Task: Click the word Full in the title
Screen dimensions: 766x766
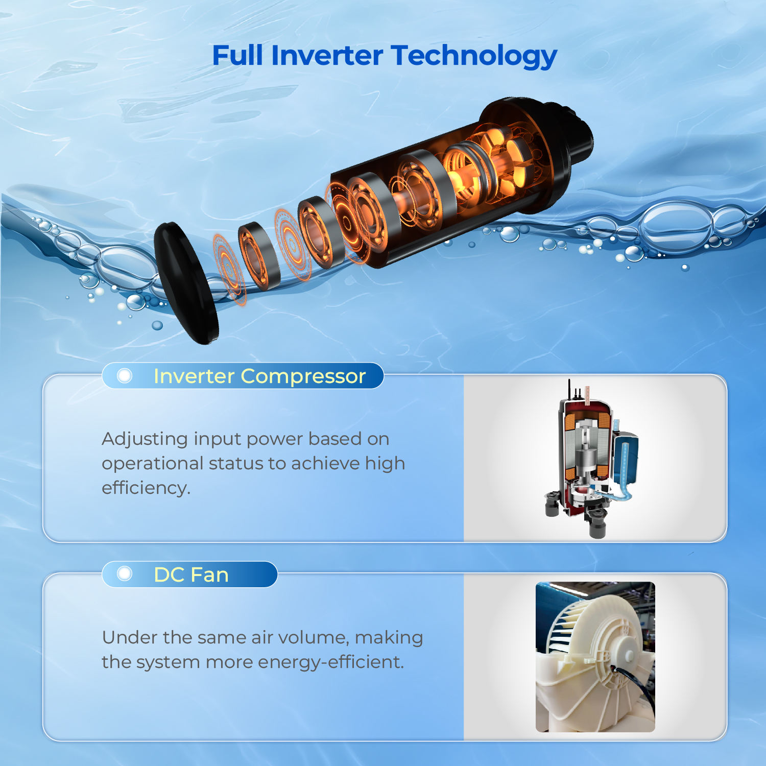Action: click(x=237, y=55)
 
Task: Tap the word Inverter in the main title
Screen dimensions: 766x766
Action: click(x=327, y=55)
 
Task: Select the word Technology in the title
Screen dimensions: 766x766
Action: click(x=474, y=57)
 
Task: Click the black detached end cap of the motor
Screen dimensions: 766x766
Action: click(x=186, y=283)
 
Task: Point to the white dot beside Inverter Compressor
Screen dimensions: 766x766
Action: click(x=124, y=376)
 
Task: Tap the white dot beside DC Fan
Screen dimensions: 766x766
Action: click(x=124, y=574)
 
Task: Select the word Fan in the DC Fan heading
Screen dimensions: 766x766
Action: click(x=209, y=575)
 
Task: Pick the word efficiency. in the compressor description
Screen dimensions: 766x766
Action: click(x=146, y=488)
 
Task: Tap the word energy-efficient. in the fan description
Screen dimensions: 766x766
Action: click(x=331, y=662)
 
